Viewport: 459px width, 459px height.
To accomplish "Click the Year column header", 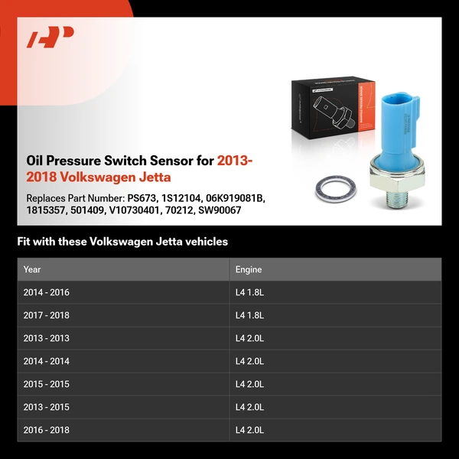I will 32,269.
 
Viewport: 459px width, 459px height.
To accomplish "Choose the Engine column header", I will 249,269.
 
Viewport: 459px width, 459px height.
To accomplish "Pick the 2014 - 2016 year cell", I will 47,292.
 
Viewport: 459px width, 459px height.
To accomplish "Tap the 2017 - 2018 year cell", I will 47,315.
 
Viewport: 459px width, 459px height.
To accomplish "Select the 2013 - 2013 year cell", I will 47,338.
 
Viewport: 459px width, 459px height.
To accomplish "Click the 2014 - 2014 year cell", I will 47,361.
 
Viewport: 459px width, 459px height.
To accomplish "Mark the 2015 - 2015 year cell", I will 47,384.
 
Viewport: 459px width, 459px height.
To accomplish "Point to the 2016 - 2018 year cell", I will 47,430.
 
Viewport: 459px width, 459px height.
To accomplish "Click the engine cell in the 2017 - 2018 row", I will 249,315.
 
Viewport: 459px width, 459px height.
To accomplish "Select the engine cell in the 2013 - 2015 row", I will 249,407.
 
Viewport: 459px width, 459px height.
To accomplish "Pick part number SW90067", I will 220,210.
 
